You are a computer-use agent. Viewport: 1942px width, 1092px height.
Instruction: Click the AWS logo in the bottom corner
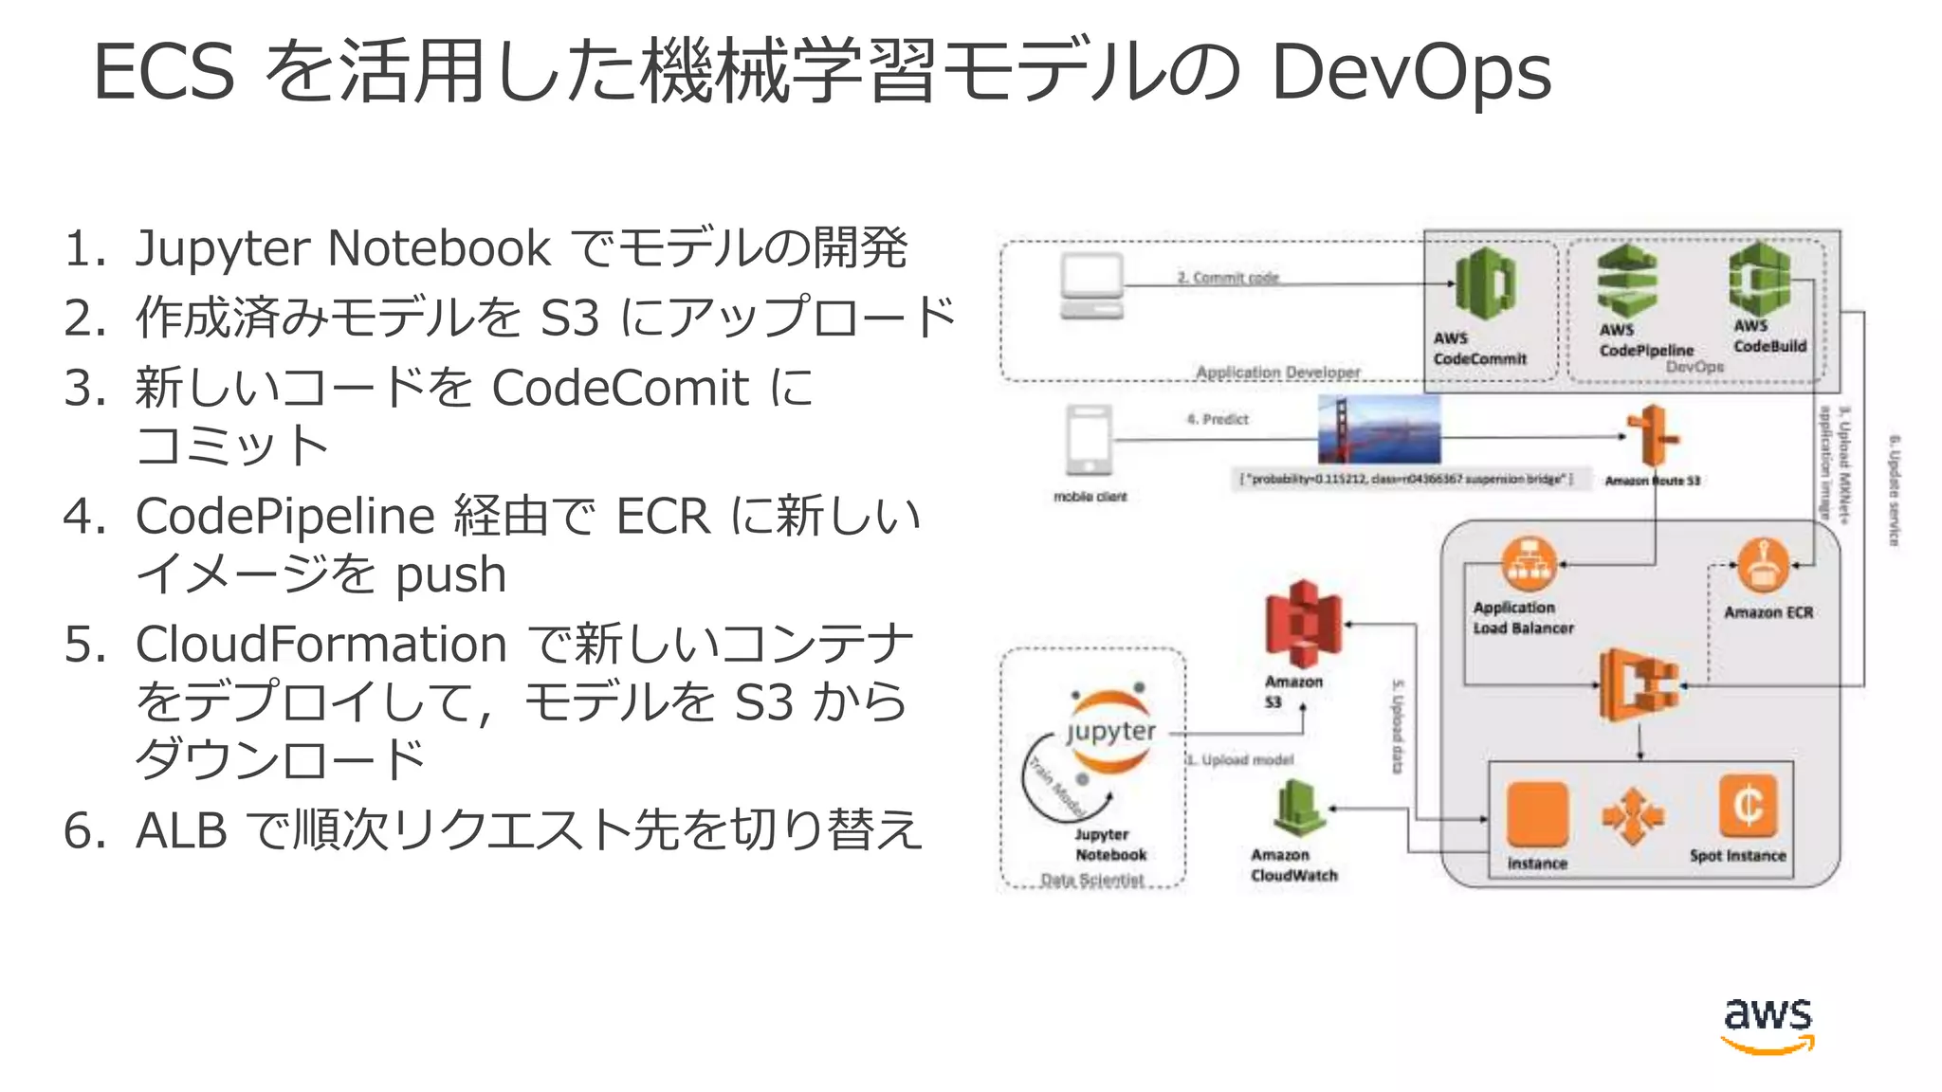[x=1768, y=1024]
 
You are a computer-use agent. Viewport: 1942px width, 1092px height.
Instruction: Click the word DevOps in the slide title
[x=1410, y=72]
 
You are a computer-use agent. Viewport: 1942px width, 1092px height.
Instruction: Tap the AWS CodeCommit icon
[x=1485, y=283]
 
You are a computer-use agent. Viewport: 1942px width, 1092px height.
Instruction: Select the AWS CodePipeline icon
[x=1626, y=282]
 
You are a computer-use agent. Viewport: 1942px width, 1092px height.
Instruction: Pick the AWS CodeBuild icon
[x=1760, y=279]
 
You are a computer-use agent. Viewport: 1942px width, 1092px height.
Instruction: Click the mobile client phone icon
[x=1089, y=440]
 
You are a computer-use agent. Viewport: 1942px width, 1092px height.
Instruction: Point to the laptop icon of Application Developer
[x=1091, y=286]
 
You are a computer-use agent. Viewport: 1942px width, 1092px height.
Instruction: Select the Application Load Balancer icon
[x=1528, y=564]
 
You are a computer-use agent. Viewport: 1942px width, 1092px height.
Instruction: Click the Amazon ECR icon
[x=1762, y=566]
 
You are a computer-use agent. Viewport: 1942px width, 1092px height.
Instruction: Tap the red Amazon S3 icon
[x=1303, y=625]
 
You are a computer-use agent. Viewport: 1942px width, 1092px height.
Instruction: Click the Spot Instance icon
[x=1747, y=807]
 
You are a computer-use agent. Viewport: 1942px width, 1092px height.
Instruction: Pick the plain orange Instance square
[x=1536, y=813]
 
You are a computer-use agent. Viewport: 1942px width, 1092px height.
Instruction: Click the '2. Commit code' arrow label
[x=1228, y=277]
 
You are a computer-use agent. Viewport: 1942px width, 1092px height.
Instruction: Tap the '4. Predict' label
[x=1218, y=419]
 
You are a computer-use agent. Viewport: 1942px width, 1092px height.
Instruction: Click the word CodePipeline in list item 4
[x=284, y=518]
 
